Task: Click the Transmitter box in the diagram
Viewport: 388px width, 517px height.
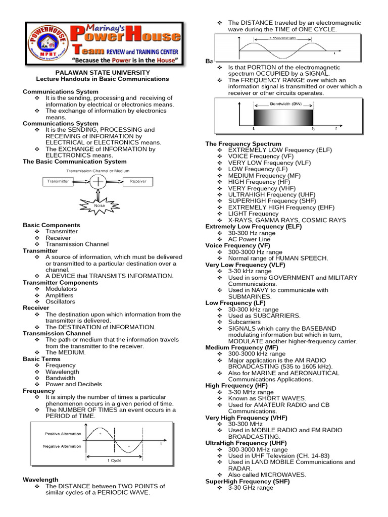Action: [x=58, y=181]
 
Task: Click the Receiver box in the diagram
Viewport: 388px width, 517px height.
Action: [x=138, y=181]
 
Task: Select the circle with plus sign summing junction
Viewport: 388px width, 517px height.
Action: [x=98, y=181]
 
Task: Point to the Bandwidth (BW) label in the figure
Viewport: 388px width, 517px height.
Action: [x=283, y=104]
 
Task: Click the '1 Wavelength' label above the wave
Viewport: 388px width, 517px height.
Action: [x=282, y=38]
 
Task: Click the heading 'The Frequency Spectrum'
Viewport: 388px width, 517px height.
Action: [x=243, y=144]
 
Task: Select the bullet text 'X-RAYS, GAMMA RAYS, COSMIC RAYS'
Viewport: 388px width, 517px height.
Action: [x=287, y=220]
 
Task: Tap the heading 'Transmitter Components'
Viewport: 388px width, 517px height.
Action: [x=60, y=282]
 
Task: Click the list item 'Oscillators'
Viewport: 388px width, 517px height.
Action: [x=60, y=301]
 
